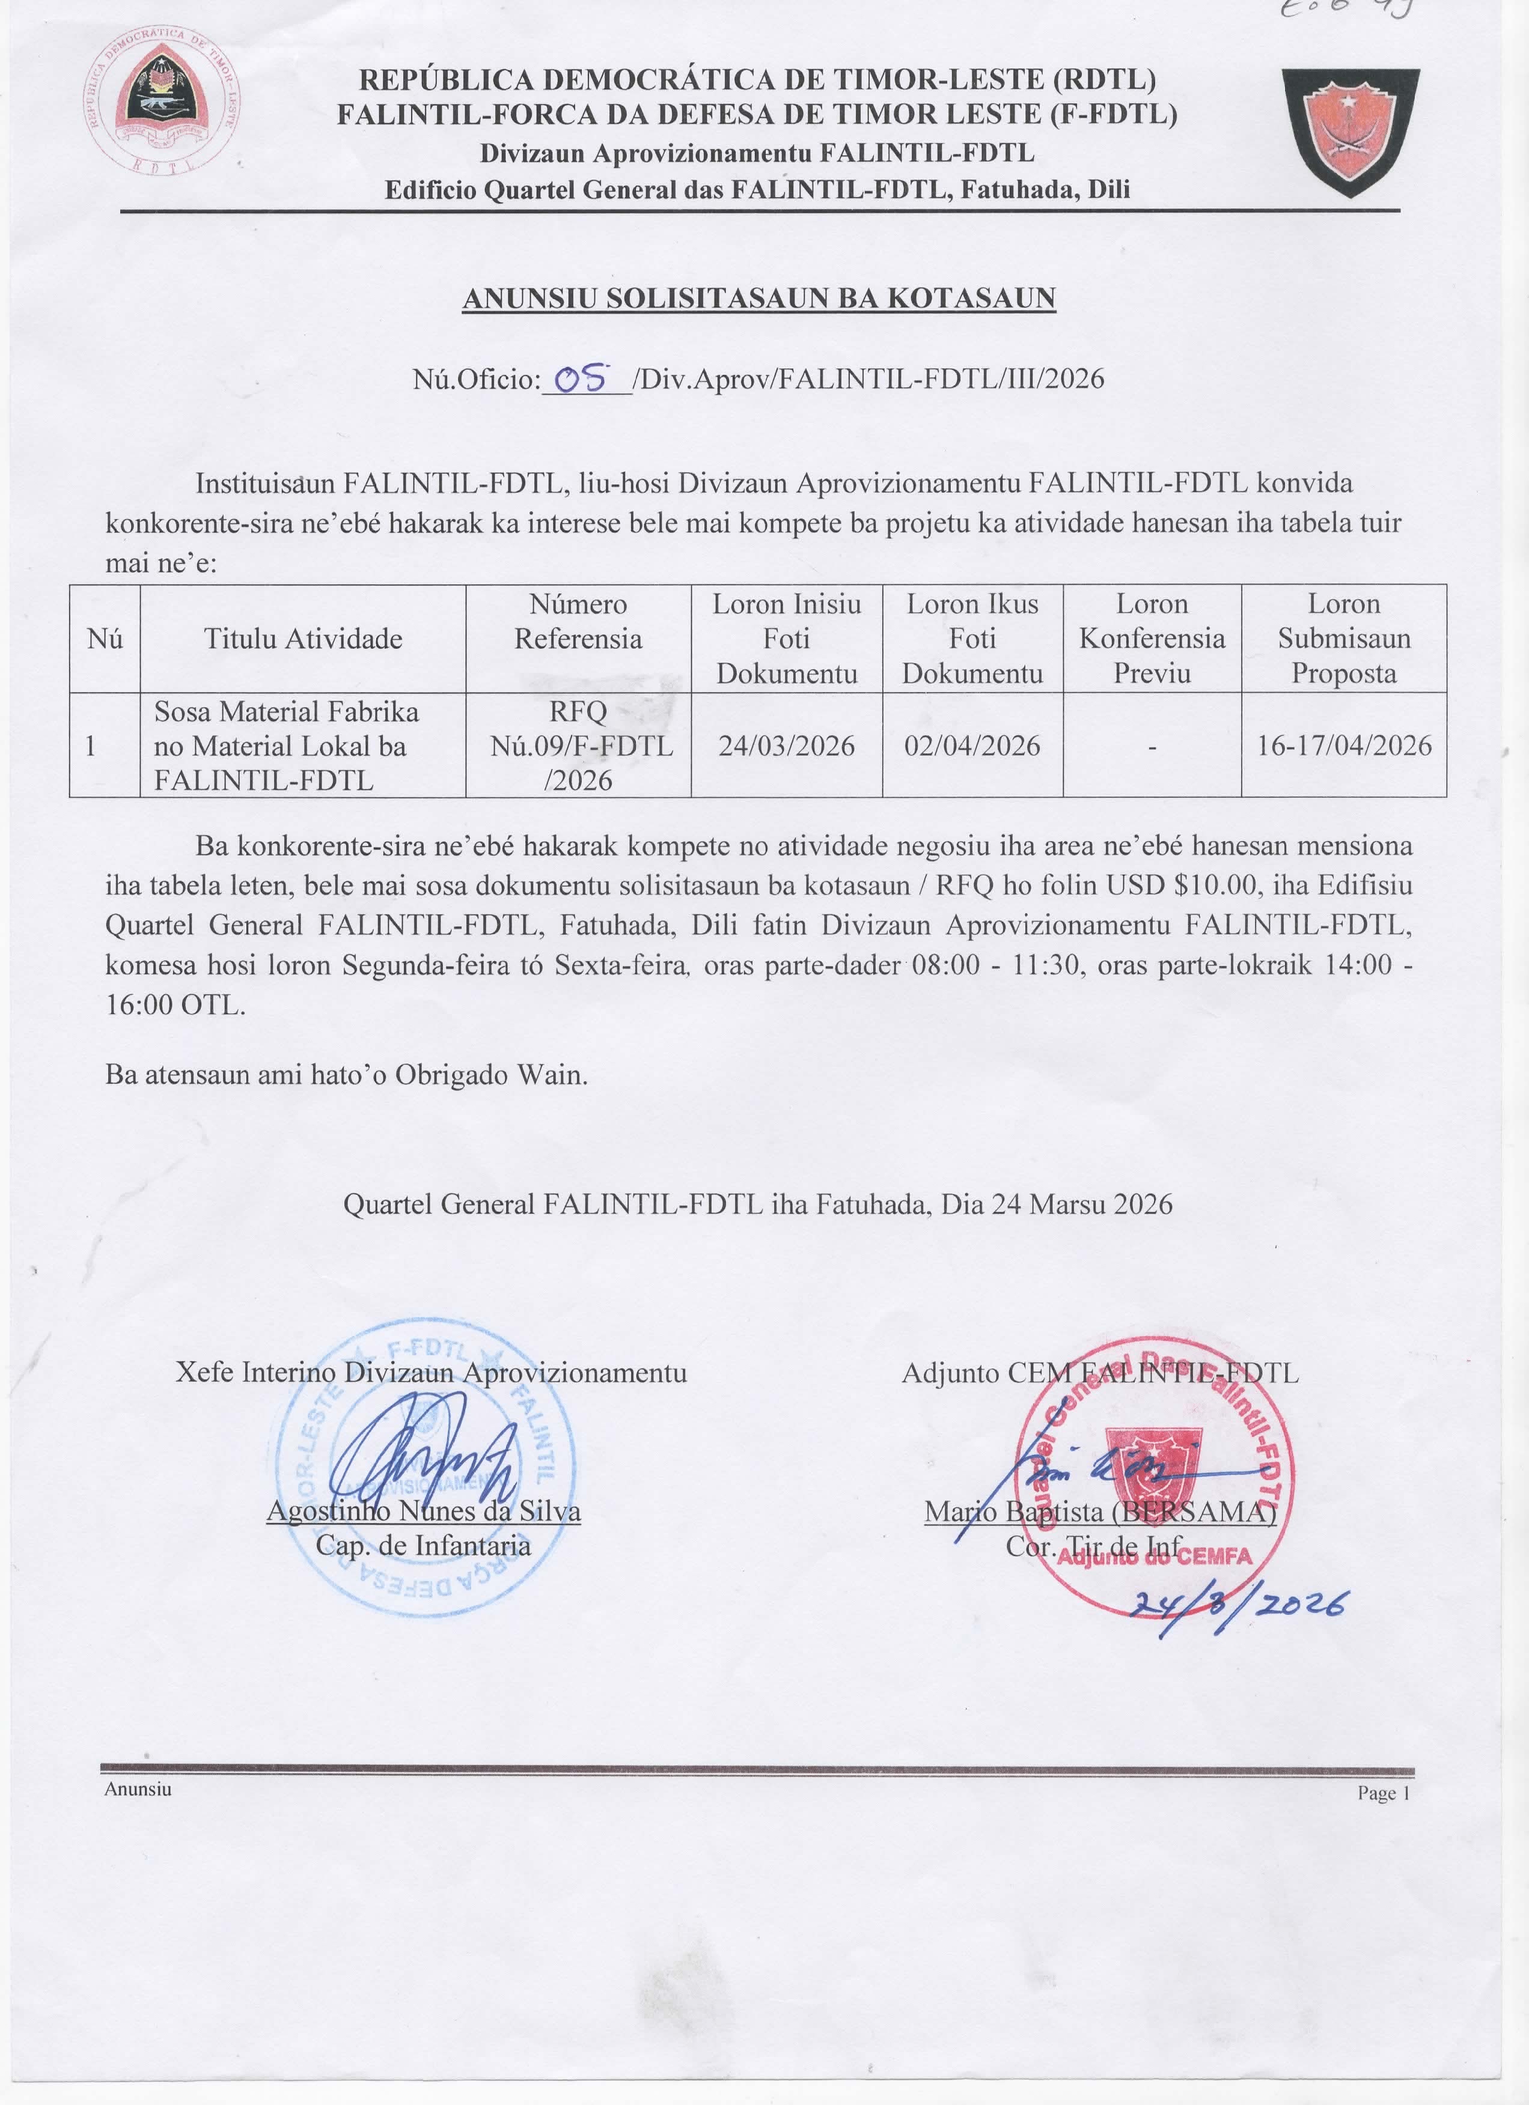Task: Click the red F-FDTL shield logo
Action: [1350, 133]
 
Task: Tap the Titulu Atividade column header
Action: [304, 639]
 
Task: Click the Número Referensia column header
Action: [578, 621]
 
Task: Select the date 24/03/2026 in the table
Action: [786, 746]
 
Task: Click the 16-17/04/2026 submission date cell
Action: [1343, 746]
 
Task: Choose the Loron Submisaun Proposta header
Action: [1343, 639]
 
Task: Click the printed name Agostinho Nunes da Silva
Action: [423, 1511]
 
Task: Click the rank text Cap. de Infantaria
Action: [423, 1545]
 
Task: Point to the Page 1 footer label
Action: [1383, 1793]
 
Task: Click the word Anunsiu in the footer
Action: [138, 1790]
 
